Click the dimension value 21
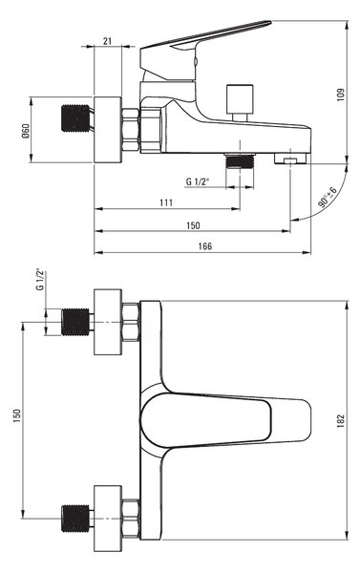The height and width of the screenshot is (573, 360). [107, 41]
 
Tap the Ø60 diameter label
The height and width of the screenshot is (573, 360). [25, 131]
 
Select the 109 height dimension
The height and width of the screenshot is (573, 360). [341, 95]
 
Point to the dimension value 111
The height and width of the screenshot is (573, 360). [166, 202]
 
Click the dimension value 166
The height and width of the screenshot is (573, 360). [205, 246]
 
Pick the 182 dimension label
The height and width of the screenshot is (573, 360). [341, 421]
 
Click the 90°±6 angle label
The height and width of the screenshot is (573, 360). [328, 197]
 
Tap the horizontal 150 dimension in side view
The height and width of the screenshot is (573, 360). [193, 225]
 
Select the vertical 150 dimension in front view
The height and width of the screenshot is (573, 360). [17, 416]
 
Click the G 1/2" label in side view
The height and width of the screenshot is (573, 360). [197, 181]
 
